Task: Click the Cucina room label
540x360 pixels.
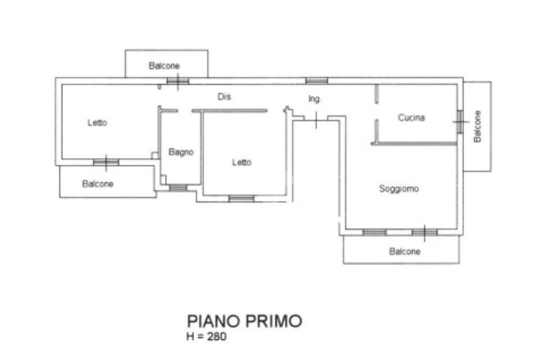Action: pos(411,118)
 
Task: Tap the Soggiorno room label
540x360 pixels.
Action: pos(399,188)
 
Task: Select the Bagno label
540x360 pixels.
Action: pos(181,152)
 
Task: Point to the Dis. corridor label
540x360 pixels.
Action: pos(224,97)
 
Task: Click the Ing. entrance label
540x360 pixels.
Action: pos(315,99)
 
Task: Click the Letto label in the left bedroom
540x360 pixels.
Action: pos(97,123)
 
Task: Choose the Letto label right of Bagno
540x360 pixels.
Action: pos(242,162)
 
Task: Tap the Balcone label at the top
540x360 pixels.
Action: pos(164,66)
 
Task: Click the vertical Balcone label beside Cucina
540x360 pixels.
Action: pos(477,126)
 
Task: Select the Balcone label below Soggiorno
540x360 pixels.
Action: pos(404,251)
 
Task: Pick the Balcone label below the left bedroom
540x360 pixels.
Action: pos(98,184)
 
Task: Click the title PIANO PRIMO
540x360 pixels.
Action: pos(245,321)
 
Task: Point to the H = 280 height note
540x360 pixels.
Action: pos(207,337)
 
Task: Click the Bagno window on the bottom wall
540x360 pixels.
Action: pos(178,188)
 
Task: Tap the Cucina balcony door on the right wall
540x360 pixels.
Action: pos(460,122)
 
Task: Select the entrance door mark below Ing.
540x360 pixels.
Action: pos(315,120)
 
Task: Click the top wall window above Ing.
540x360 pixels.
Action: pos(316,81)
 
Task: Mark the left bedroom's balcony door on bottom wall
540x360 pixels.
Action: pos(106,162)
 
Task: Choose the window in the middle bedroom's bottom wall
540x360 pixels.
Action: pos(241,199)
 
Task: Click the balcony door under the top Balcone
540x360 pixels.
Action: pos(177,81)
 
